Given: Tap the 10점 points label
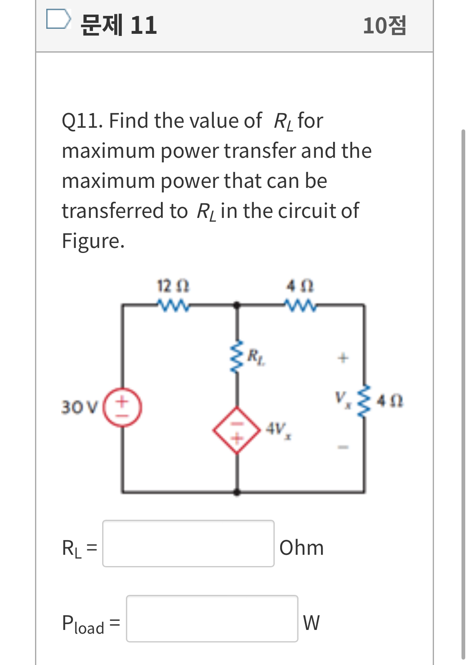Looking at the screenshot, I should tap(384, 25).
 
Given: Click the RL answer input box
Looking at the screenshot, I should tap(188, 543).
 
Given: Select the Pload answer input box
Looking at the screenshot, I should tap(212, 618).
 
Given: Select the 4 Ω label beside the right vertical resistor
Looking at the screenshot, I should tap(390, 402).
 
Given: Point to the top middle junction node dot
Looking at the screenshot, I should tap(237, 305).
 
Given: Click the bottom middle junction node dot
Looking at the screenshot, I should tap(237, 492).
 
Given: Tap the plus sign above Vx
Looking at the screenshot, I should tap(343, 358).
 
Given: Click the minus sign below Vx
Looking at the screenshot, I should tap(343, 448).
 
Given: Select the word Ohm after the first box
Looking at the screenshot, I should tap(301, 548).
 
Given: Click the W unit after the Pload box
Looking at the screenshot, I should tap(311, 623).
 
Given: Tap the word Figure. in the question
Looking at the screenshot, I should tap(93, 241).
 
